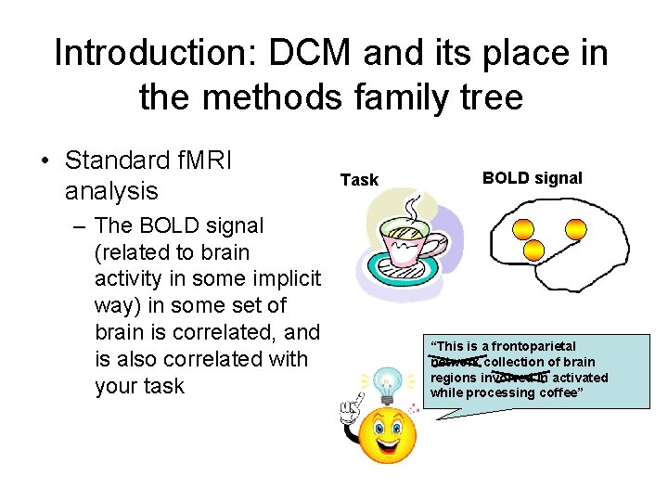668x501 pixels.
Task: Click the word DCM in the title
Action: [x=311, y=54]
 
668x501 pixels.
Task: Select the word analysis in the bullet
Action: [x=111, y=192]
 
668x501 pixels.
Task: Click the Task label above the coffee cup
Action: [x=359, y=180]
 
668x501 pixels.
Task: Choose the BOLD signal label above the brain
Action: [x=532, y=178]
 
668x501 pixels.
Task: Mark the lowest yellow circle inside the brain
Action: [x=533, y=249]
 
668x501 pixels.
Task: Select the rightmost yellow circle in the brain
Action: [x=575, y=227]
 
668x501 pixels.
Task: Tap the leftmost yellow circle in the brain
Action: [x=524, y=227]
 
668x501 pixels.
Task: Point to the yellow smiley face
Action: [x=387, y=437]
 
